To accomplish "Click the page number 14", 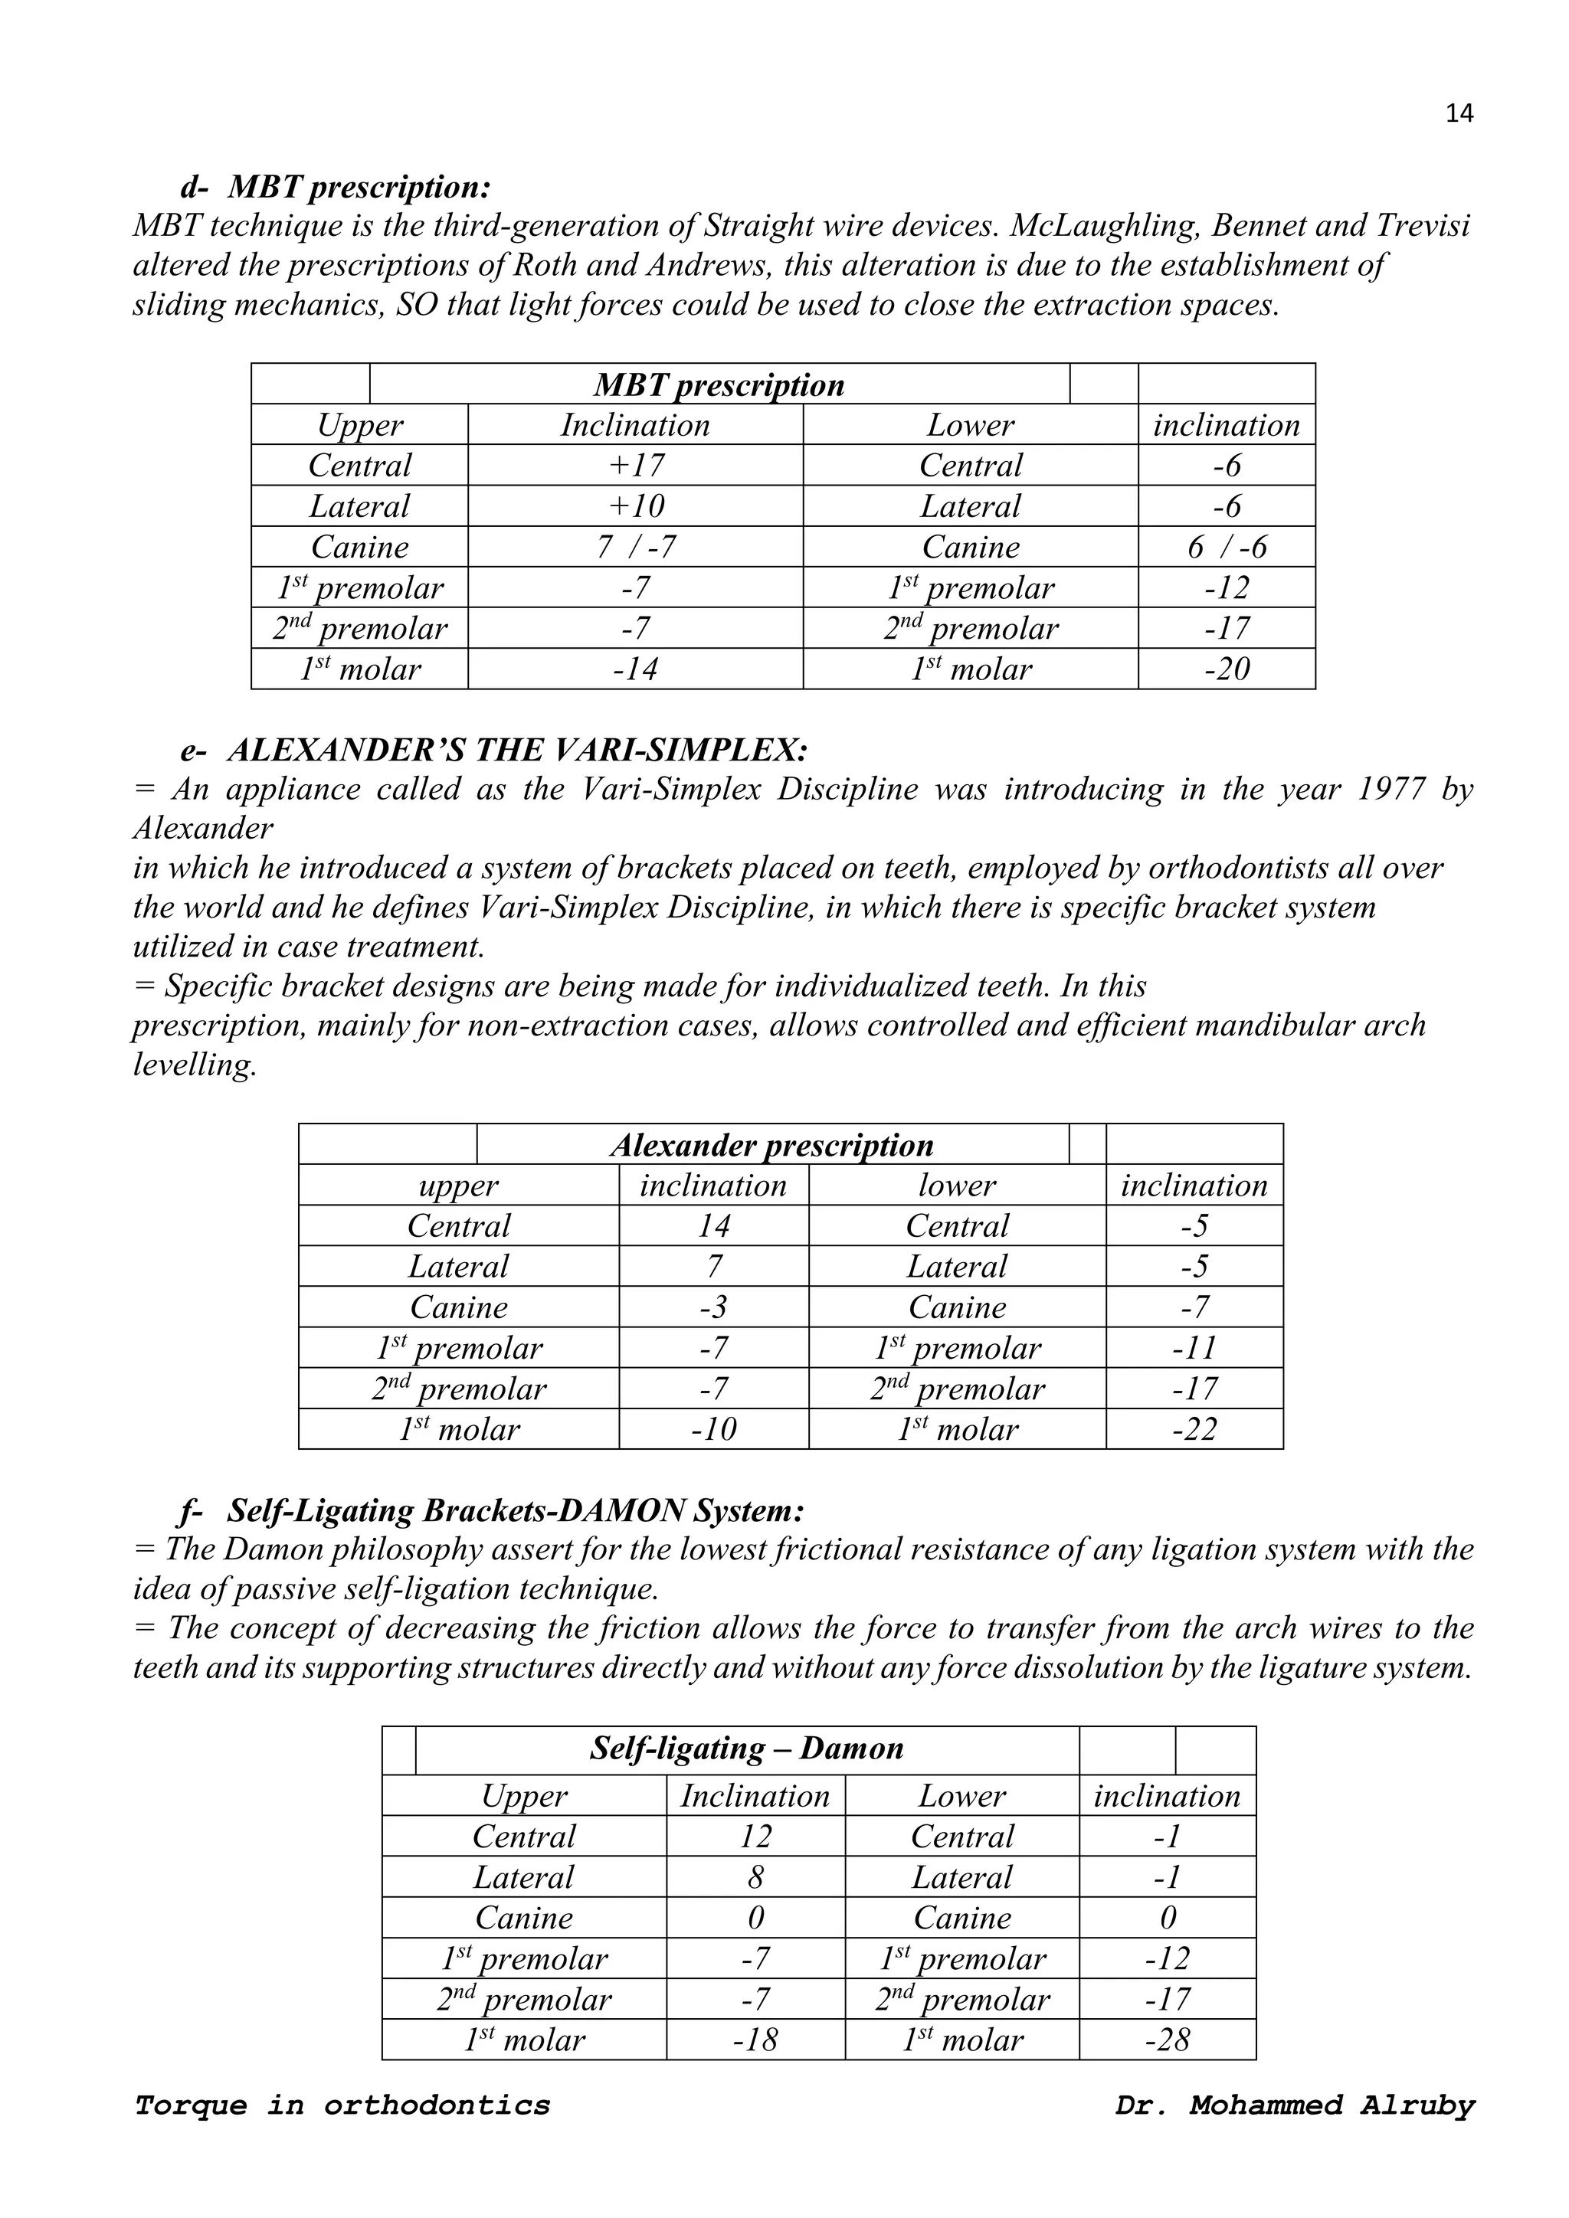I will coord(1459,114).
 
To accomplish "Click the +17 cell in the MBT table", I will coord(636,466).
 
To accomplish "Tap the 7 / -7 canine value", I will coord(636,548).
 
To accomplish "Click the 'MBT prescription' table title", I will coord(719,385).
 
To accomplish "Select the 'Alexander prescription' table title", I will coord(772,1146).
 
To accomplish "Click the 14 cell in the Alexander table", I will coord(713,1227).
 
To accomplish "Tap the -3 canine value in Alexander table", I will coord(713,1308).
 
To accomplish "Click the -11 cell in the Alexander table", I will coord(1194,1349).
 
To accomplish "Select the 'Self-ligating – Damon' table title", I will coord(747,1749).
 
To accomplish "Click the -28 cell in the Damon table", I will coord(1167,2040).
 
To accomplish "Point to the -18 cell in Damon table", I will coord(755,2040).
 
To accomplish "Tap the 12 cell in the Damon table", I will coord(755,1837).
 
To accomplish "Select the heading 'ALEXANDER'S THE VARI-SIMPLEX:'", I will coord(518,750).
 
